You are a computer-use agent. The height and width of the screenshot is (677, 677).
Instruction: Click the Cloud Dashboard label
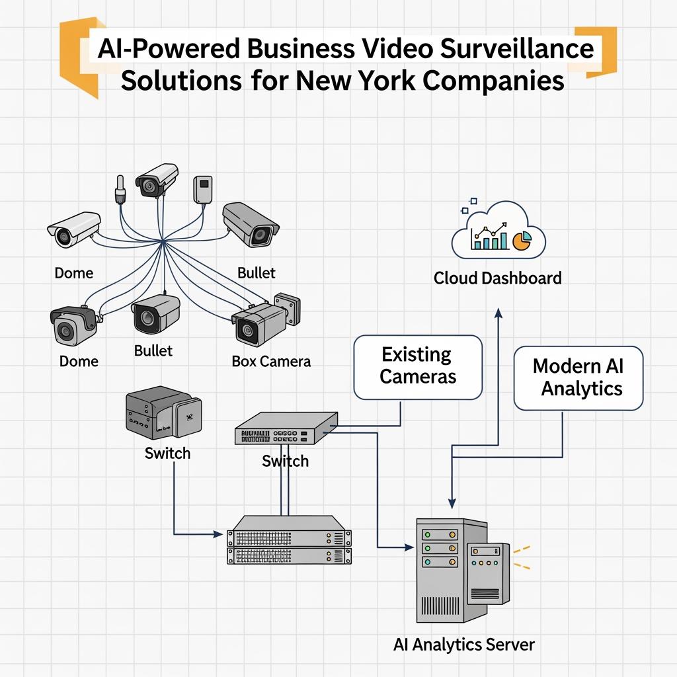(x=497, y=278)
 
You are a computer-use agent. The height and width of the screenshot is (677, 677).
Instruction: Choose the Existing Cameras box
(x=418, y=366)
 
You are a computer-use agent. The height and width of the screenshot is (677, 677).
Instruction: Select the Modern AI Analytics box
(x=578, y=378)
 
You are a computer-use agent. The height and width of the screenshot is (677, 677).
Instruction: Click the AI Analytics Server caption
(x=463, y=645)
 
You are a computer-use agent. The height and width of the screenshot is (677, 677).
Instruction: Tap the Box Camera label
(x=271, y=362)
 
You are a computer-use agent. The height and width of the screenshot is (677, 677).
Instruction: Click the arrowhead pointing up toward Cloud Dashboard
(x=498, y=311)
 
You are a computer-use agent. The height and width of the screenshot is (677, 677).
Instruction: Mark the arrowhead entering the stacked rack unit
(x=219, y=533)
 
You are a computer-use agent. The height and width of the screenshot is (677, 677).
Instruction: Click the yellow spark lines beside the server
(x=522, y=557)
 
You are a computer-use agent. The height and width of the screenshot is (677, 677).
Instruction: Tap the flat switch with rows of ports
(x=286, y=429)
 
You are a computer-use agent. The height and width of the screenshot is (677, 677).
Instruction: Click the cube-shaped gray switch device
(x=163, y=415)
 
